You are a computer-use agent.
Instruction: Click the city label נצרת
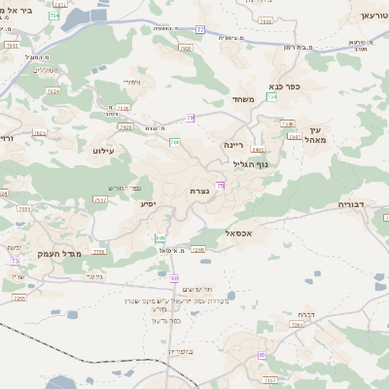(x=199, y=191)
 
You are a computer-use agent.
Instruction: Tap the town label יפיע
(x=147, y=203)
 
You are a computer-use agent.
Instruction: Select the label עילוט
(x=103, y=151)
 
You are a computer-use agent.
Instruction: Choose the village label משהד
(x=242, y=99)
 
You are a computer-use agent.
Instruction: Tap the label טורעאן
(x=367, y=17)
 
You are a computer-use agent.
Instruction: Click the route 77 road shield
(x=200, y=30)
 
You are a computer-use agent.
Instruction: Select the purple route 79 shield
(x=191, y=118)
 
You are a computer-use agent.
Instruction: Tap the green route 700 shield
(x=174, y=143)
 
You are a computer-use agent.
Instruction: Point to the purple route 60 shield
(x=174, y=278)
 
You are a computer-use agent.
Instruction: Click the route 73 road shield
(x=15, y=261)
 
